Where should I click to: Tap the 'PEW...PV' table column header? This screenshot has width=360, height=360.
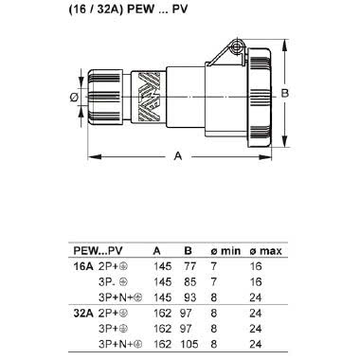click(98, 250)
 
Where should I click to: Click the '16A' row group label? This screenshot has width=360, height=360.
click(84, 267)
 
